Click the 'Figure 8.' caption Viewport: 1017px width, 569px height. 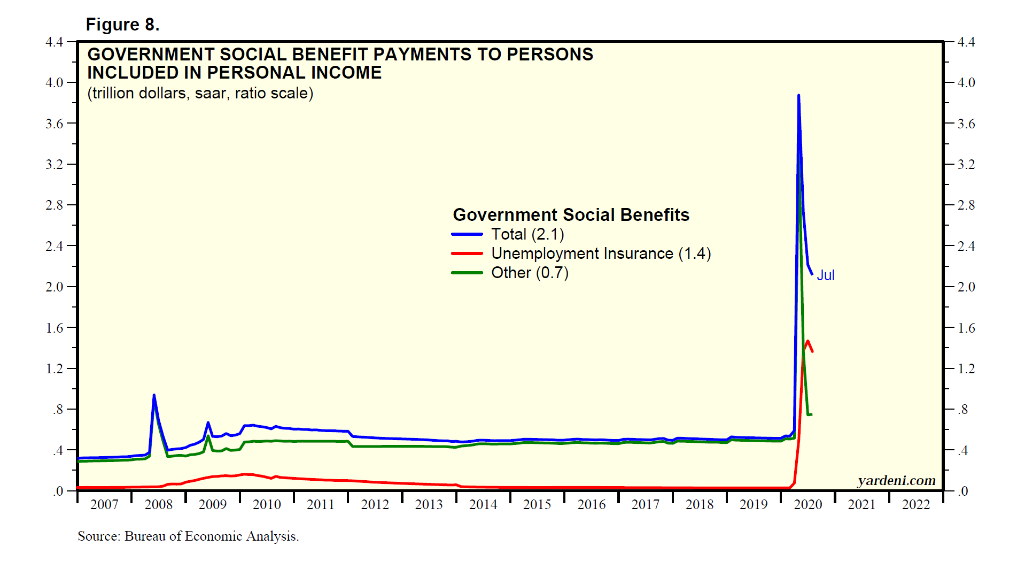coord(122,25)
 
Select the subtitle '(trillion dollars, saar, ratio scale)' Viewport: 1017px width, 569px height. coord(200,93)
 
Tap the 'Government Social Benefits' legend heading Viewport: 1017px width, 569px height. coord(571,215)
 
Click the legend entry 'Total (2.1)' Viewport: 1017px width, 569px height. coord(527,234)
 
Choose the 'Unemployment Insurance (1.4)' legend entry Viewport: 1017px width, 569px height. coord(601,253)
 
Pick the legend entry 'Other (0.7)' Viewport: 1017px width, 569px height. coord(530,273)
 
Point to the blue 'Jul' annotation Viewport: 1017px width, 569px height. coord(826,275)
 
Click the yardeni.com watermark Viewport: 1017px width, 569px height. coord(896,480)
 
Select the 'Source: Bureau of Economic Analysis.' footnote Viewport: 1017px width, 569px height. coord(188,536)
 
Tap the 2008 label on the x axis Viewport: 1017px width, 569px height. coord(159,504)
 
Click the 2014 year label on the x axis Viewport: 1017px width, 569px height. coord(483,504)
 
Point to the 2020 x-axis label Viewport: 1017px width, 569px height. coord(808,504)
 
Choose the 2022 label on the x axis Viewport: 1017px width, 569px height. coord(916,504)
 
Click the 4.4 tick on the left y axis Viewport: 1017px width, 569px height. coord(55,42)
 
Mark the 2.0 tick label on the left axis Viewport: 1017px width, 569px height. coord(55,287)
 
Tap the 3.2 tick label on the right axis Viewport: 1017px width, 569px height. coord(966,164)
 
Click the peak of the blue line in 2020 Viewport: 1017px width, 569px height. coord(798,96)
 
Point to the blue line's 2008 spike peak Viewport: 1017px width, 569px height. coord(154,395)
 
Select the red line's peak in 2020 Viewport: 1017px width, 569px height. coord(808,341)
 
